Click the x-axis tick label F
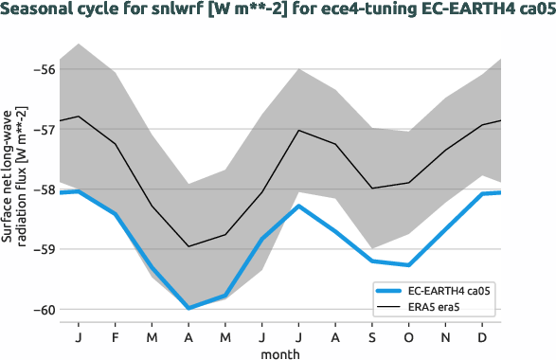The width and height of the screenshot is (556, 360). (116, 337)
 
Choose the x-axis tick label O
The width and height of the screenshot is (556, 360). (408, 337)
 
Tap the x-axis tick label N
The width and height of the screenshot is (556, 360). (445, 337)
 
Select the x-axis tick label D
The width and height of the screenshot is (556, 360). (482, 337)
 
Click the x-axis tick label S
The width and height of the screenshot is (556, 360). (372, 337)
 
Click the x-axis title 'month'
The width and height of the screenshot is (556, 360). (280, 352)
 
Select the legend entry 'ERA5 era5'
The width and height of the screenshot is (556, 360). (435, 307)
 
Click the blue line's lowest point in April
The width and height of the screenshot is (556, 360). (188, 308)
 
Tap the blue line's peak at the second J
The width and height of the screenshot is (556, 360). (298, 206)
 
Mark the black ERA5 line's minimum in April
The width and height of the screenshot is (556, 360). (188, 246)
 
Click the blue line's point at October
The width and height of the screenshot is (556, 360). (408, 264)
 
